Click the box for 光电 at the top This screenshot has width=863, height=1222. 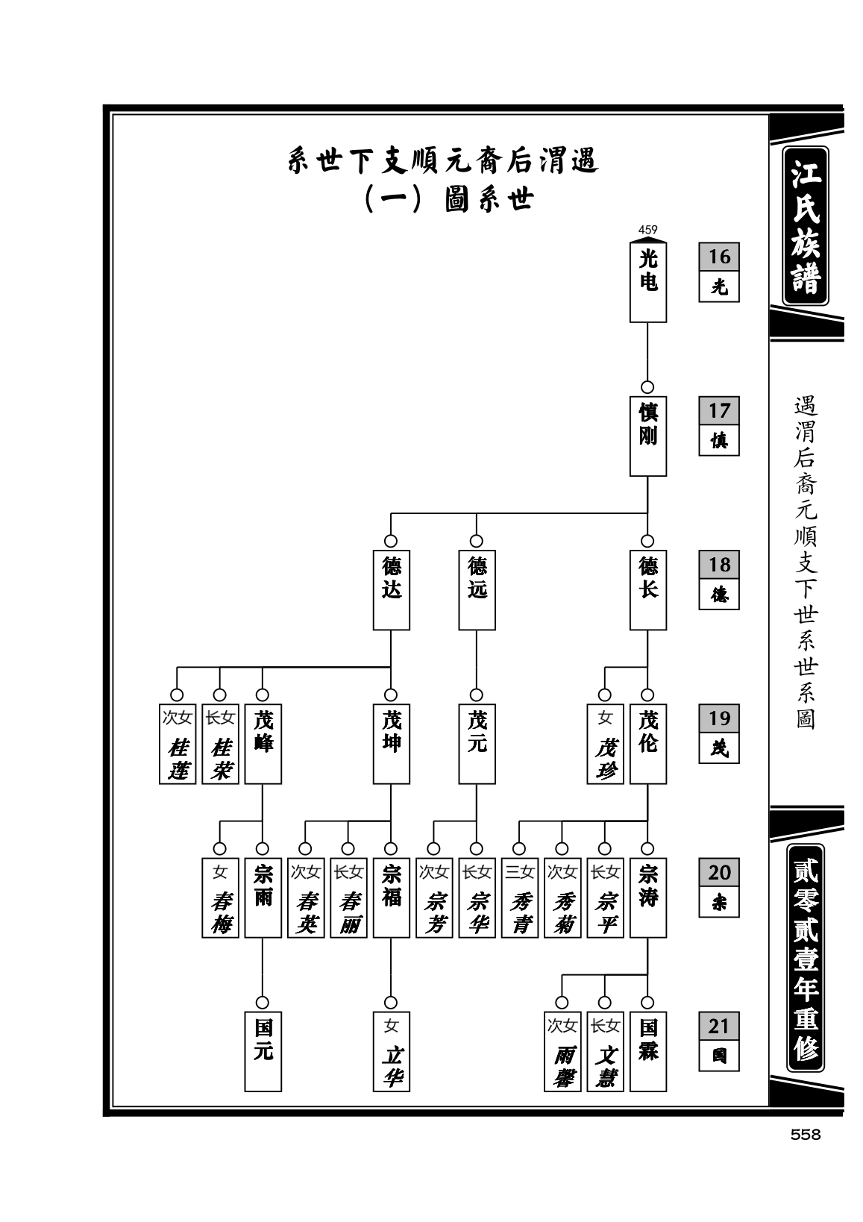click(x=647, y=282)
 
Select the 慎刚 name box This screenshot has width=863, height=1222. click(x=647, y=436)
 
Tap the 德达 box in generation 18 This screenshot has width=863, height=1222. click(x=391, y=589)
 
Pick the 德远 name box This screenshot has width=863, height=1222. click(x=477, y=589)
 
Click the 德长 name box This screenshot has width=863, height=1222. click(x=647, y=589)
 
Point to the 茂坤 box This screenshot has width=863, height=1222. click(x=391, y=744)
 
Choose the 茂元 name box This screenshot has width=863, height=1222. click(x=477, y=744)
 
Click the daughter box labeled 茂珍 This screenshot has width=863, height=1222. click(x=605, y=744)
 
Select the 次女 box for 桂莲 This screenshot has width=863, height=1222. click(x=178, y=744)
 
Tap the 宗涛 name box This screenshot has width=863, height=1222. click(x=647, y=898)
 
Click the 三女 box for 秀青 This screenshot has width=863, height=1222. click(x=519, y=898)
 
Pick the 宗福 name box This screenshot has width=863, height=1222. click(x=391, y=898)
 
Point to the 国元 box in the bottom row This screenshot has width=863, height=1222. click(x=263, y=1052)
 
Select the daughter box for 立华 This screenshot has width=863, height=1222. click(x=391, y=1052)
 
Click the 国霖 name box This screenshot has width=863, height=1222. click(x=647, y=1052)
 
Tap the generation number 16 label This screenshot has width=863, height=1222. click(x=719, y=257)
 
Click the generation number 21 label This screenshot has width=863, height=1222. click(x=719, y=1026)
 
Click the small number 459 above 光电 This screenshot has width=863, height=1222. click(x=647, y=230)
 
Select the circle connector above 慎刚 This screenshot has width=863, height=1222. click(x=647, y=387)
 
